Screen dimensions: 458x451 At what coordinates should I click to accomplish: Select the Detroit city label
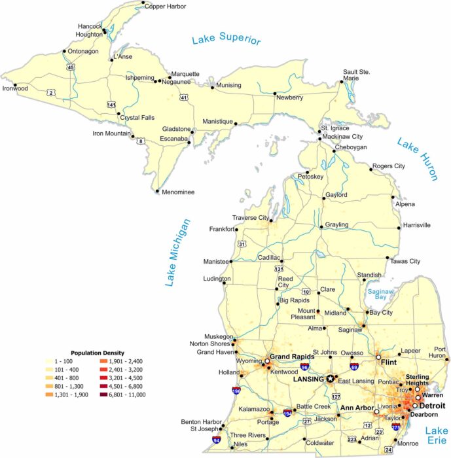[x=432, y=406]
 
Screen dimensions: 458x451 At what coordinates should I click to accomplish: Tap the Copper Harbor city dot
[x=143, y=3]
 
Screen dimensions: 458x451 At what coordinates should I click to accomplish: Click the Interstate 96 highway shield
[x=305, y=368]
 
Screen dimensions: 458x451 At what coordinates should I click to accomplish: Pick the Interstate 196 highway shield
[x=236, y=391]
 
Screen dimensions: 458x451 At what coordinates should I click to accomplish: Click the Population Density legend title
[x=97, y=352]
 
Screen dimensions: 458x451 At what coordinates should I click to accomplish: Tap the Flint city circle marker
[x=378, y=357]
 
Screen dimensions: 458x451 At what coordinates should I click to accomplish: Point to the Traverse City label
[x=251, y=217]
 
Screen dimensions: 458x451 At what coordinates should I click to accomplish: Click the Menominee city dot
[x=157, y=192]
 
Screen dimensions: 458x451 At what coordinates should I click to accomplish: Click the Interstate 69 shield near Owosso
[x=353, y=368]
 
